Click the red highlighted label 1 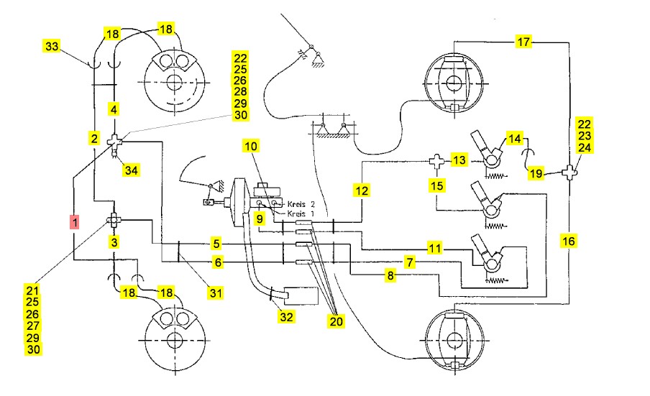pos(75,223)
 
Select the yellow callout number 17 pos(524,42)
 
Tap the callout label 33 pos(51,46)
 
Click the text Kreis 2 pos(301,204)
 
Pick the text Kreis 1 pos(301,213)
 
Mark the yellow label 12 pos(361,191)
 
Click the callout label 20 pos(336,321)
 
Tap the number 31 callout pos(215,292)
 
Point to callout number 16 pos(568,241)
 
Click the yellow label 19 pos(536,173)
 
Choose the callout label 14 pos(514,138)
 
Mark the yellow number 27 pos(32,326)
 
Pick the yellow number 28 pos(240,92)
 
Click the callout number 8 pos(390,274)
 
